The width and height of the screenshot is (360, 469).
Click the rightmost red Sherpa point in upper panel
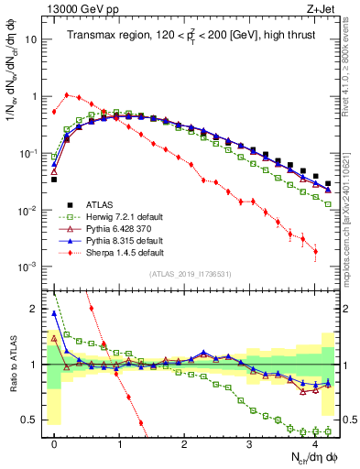pyautogui.click(x=315, y=251)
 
